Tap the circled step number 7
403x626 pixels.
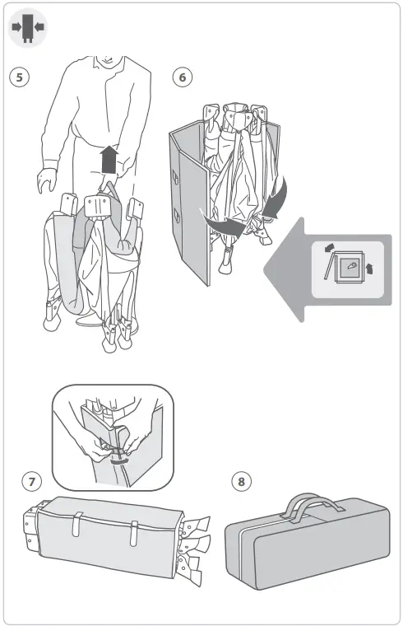pos(32,481)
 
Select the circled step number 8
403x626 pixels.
pos(240,481)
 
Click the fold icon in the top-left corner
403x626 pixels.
pos(28,27)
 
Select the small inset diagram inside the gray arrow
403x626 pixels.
pos(348,268)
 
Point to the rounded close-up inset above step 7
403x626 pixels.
pos(113,437)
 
